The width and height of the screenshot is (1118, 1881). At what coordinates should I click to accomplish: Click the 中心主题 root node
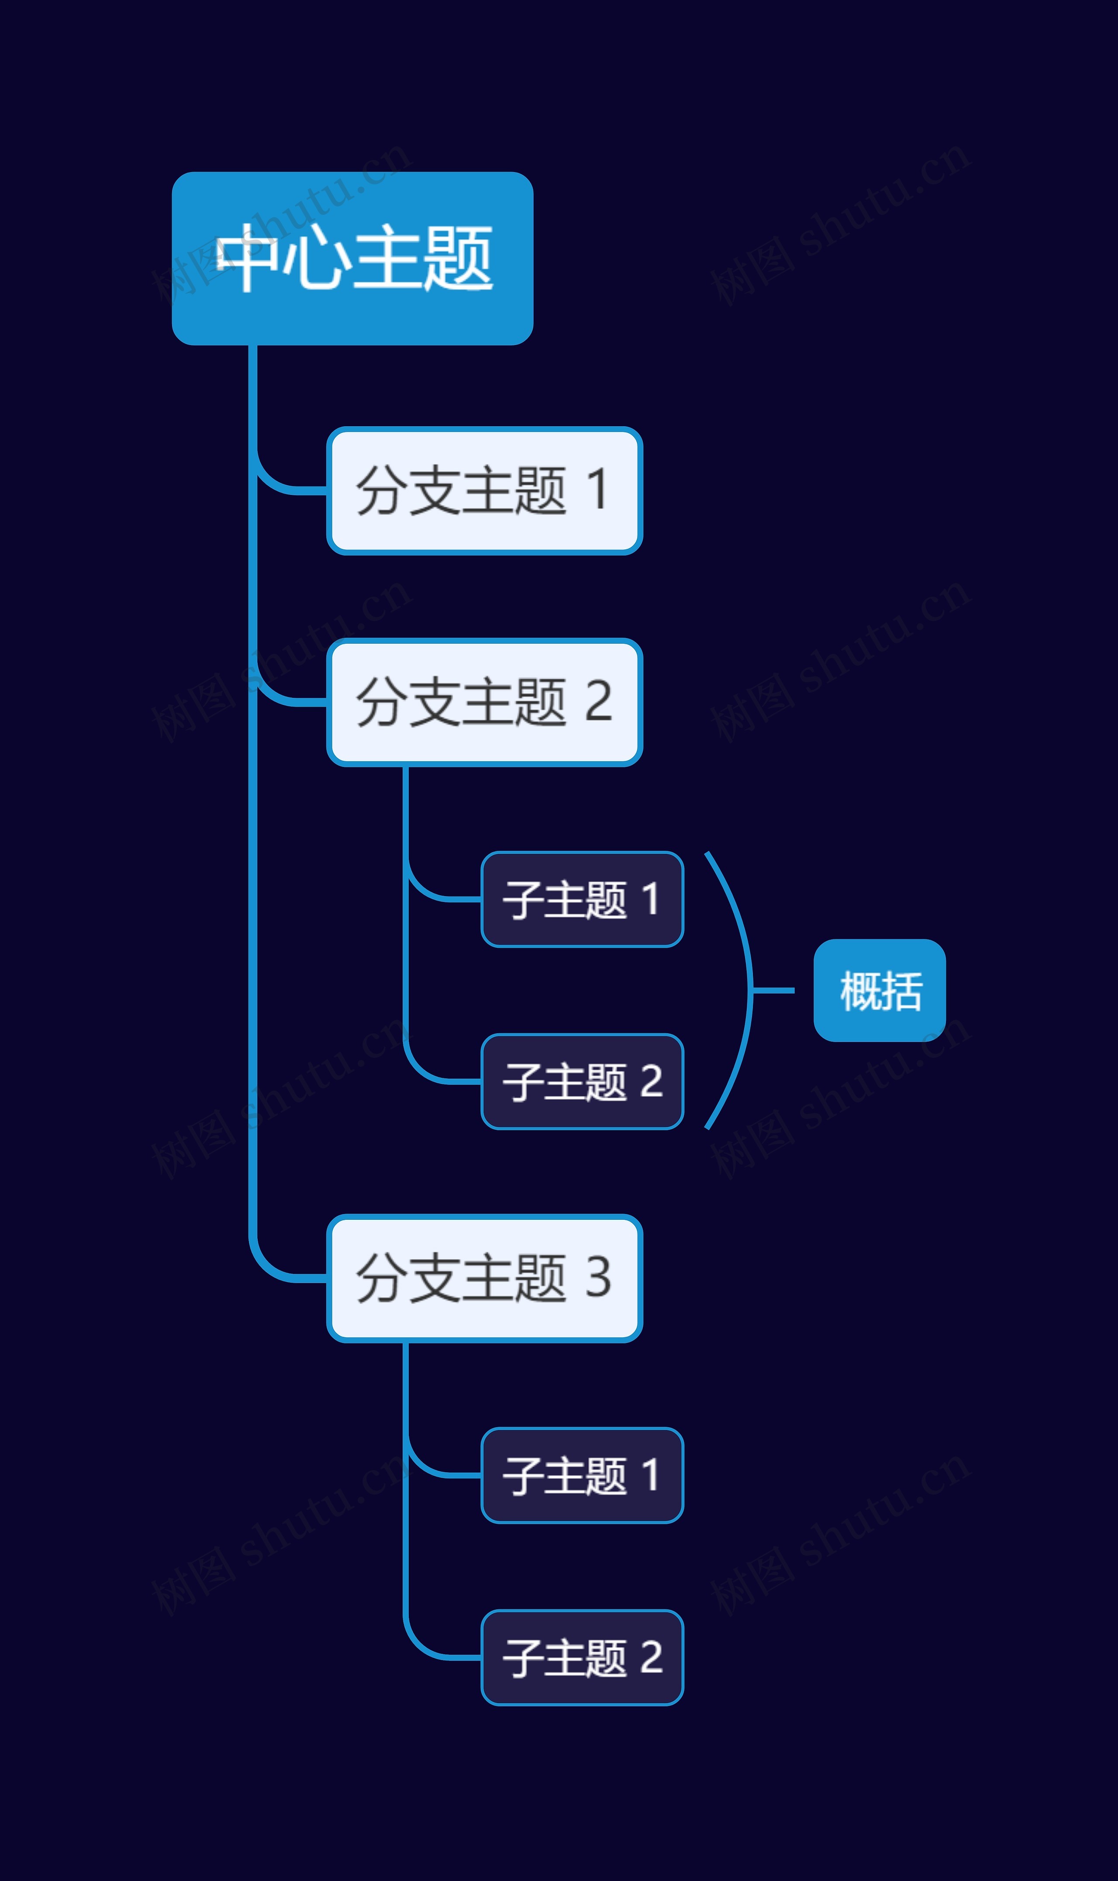(352, 259)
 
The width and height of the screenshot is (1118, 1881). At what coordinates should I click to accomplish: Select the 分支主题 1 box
(484, 490)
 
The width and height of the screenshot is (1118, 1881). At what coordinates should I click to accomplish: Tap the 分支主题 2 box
(484, 702)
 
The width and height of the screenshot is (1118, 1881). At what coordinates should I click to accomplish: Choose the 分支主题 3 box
(484, 1278)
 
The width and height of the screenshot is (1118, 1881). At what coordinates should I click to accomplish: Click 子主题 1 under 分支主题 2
(582, 899)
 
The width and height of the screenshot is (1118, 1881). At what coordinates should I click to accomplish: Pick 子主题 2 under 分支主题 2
(582, 1082)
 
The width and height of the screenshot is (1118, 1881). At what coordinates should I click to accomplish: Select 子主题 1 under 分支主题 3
(582, 1475)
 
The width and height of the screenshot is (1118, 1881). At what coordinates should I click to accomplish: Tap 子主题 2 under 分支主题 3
(582, 1657)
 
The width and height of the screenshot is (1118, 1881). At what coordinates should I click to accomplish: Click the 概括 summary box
(879, 991)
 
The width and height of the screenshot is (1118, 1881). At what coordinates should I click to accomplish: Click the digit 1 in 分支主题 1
(597, 490)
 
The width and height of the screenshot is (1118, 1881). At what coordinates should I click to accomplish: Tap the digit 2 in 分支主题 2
(598, 701)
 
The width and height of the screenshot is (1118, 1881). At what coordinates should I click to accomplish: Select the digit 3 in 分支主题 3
(598, 1277)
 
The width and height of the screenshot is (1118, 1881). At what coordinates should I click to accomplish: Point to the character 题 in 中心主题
(457, 259)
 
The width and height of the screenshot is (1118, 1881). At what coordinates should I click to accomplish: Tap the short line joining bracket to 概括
(774, 991)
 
